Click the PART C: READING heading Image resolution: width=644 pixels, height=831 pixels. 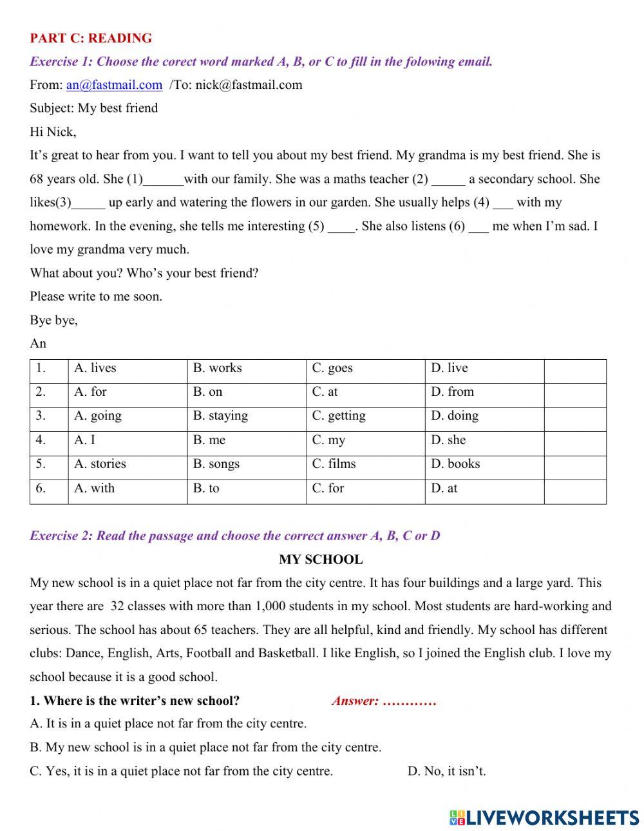point(91,38)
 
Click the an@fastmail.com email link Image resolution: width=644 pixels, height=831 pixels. point(114,85)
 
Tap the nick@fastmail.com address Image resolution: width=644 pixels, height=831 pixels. point(249,85)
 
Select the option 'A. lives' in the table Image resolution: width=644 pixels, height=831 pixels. point(95,368)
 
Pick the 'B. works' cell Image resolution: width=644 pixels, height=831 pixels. point(218,368)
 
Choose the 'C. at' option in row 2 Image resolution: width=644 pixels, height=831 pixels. point(325,392)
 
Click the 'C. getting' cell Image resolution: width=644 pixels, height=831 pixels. point(339,416)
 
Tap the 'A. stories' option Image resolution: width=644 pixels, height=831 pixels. point(100,464)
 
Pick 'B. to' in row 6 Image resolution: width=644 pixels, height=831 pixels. point(206,489)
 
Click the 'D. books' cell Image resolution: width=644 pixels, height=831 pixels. point(455,464)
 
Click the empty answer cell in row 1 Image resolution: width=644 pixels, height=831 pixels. point(574,371)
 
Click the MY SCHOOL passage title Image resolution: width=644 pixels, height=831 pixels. point(321,559)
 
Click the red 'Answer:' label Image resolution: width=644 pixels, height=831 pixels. point(355,701)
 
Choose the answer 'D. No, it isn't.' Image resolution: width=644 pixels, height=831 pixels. point(446,771)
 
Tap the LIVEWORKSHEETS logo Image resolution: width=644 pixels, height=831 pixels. point(544,817)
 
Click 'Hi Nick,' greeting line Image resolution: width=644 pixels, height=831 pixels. point(53,132)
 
